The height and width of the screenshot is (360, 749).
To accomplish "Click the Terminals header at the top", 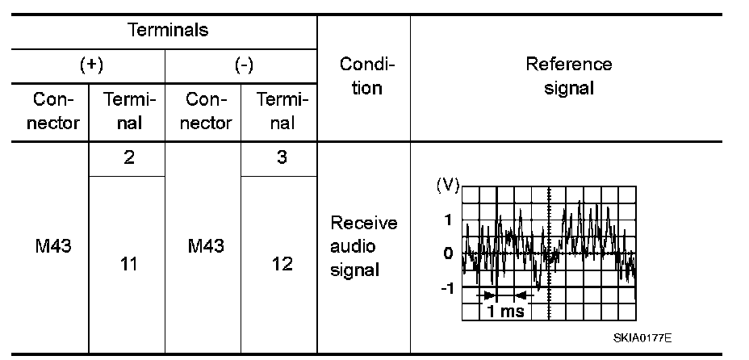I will tap(168, 31).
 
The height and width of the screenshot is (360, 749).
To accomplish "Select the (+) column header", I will tap(90, 65).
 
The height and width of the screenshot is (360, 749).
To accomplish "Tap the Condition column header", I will tap(366, 76).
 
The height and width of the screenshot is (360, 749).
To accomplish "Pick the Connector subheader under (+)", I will tap(56, 111).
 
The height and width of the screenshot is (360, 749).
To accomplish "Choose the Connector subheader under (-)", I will tap(207, 111).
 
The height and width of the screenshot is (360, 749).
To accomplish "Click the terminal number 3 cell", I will tap(282, 158).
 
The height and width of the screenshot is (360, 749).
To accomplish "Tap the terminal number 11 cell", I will tap(128, 264).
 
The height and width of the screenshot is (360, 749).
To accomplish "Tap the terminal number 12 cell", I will tap(282, 264).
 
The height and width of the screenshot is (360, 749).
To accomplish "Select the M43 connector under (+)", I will tap(53, 247).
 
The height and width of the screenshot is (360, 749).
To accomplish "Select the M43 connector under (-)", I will tap(205, 247).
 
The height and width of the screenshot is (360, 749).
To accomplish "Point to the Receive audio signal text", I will tap(364, 246).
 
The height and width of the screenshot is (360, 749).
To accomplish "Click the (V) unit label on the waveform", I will tap(446, 186).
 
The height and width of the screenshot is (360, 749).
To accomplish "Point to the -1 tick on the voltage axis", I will tap(446, 288).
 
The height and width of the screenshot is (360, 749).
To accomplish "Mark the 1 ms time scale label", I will tap(506, 312).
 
